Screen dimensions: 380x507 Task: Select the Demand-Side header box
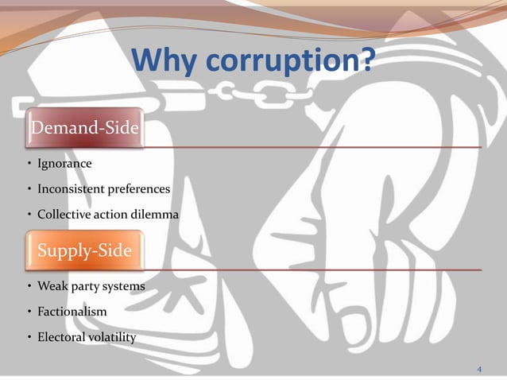pyautogui.click(x=84, y=127)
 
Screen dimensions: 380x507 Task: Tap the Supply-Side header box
pyautogui.click(x=84, y=250)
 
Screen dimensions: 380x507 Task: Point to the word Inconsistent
pyautogui.click(x=71, y=189)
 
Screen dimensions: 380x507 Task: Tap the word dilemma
pyautogui.click(x=156, y=215)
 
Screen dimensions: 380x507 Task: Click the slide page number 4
pyautogui.click(x=479, y=369)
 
